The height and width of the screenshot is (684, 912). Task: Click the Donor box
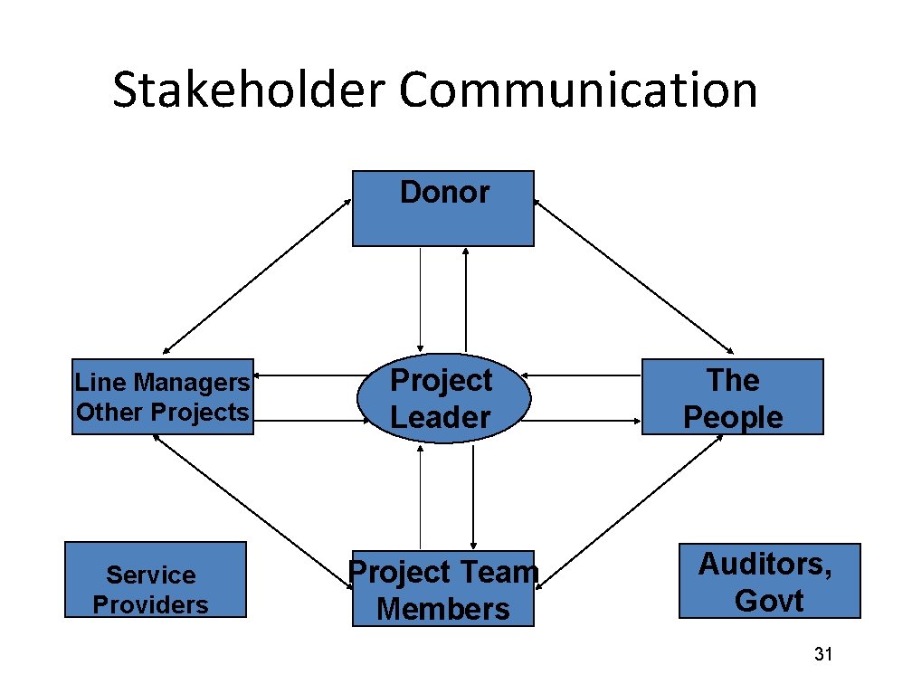coord(442,209)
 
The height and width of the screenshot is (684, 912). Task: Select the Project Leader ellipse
coord(442,398)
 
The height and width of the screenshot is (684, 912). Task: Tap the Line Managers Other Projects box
coord(163,397)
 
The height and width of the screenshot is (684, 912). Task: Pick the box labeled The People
coord(733,397)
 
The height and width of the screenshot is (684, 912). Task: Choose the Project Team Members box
coord(443,589)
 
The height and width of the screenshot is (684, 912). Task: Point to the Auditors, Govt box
coord(769,581)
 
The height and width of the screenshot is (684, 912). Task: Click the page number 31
coord(822,654)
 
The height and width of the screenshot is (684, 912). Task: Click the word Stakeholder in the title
coord(248,91)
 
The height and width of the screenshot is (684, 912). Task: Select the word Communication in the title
coord(577,91)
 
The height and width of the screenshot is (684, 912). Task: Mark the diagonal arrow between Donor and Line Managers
coord(257,276)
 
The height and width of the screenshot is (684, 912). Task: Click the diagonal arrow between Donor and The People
coord(634,276)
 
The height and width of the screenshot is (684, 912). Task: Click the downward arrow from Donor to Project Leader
coord(420,299)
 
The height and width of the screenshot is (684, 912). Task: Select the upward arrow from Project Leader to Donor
coord(465,299)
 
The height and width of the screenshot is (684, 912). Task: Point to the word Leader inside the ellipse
coord(440,417)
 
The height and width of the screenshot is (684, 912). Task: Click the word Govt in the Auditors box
coord(769,601)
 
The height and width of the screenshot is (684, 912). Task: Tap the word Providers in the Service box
coord(150,604)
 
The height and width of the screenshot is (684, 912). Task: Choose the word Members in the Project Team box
coord(443,609)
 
